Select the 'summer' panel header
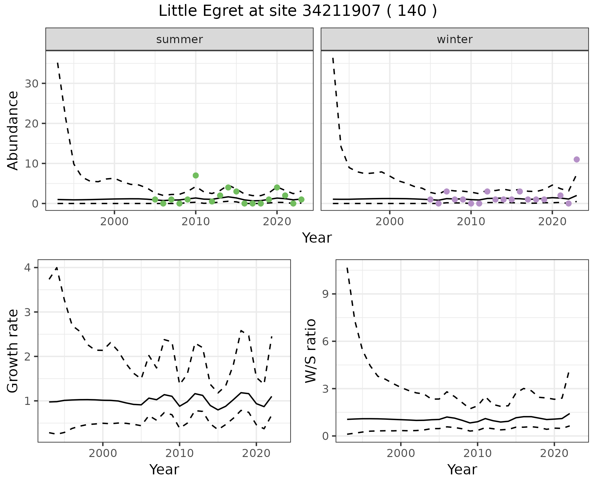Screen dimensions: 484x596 click(x=179, y=39)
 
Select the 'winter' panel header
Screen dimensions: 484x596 click(x=454, y=39)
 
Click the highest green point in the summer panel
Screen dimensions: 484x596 click(x=196, y=175)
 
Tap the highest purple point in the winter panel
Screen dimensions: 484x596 click(x=577, y=159)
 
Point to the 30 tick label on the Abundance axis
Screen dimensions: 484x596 click(x=31, y=84)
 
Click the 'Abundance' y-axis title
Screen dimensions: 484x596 click(x=13, y=130)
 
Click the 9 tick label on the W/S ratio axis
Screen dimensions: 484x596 click(x=325, y=294)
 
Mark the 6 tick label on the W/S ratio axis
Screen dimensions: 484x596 click(x=325, y=341)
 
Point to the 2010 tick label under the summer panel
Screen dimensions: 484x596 click(x=196, y=222)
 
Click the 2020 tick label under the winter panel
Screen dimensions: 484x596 click(x=552, y=222)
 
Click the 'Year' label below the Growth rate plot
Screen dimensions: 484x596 click(x=164, y=470)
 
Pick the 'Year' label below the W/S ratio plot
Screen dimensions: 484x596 click(x=462, y=470)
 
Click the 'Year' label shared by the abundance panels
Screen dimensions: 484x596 click(x=317, y=238)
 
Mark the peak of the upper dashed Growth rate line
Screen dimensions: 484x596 click(x=57, y=267)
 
